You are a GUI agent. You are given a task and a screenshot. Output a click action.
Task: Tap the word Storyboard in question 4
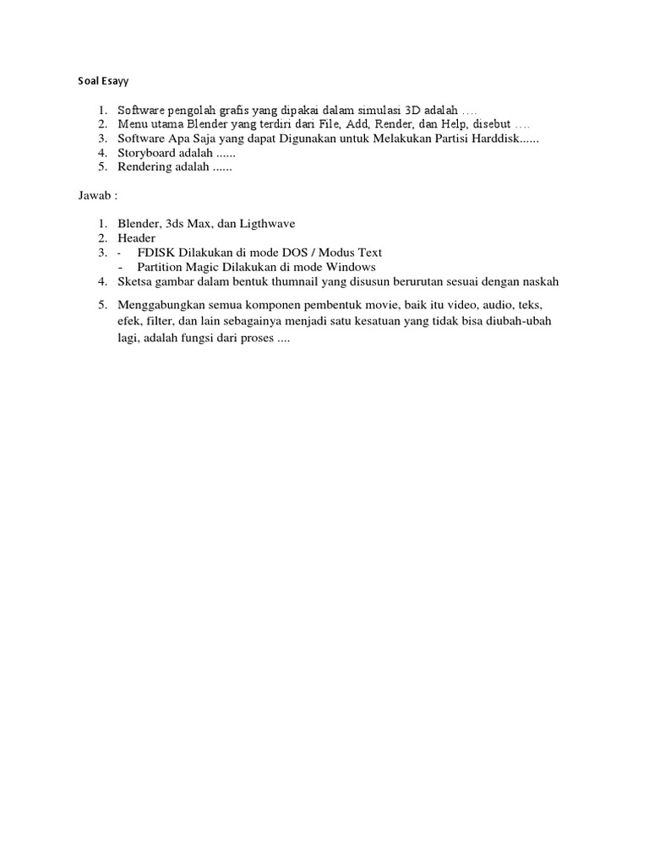point(142,153)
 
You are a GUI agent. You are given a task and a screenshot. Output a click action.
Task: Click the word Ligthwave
point(263,224)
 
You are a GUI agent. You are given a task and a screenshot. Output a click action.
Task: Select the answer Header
point(136,238)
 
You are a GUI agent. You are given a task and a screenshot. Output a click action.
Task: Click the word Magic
point(211,267)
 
